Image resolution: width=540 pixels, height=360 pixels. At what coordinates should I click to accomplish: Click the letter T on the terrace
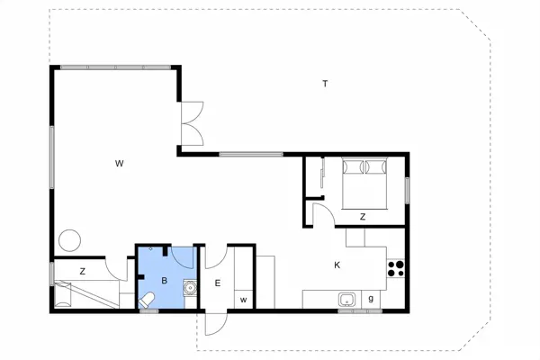(x=325, y=84)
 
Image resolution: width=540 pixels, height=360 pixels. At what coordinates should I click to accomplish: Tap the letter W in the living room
(x=119, y=164)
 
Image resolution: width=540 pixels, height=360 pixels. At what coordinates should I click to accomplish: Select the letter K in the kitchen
(x=337, y=265)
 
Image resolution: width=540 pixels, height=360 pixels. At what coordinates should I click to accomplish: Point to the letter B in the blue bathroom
(x=165, y=281)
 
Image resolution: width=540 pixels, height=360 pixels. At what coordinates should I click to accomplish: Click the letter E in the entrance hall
(x=217, y=283)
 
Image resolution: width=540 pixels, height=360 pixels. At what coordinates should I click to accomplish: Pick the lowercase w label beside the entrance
(x=244, y=300)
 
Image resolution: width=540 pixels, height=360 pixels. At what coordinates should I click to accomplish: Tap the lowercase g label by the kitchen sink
(x=371, y=298)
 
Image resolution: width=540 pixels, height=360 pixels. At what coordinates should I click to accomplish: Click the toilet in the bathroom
(x=147, y=300)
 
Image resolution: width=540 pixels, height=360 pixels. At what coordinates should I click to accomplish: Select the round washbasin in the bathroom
(x=190, y=287)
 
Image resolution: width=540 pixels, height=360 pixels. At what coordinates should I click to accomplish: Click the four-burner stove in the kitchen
(x=396, y=269)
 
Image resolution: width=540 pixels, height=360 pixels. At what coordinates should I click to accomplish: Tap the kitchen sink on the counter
(x=346, y=300)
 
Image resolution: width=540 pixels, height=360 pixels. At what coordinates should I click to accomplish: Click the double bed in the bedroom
(x=364, y=184)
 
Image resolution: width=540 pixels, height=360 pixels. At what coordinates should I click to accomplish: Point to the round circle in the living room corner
(x=69, y=240)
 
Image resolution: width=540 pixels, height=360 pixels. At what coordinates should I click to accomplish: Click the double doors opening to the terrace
(x=193, y=123)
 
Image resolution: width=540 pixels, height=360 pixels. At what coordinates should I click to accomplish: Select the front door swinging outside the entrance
(x=216, y=324)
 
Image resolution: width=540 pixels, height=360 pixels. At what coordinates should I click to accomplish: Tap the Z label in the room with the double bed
(x=363, y=217)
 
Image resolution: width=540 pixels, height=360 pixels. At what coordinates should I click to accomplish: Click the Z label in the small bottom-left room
(x=82, y=272)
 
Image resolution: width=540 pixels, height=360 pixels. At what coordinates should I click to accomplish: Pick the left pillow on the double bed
(x=353, y=167)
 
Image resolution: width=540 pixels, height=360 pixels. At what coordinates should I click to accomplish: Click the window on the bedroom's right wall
(x=407, y=190)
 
